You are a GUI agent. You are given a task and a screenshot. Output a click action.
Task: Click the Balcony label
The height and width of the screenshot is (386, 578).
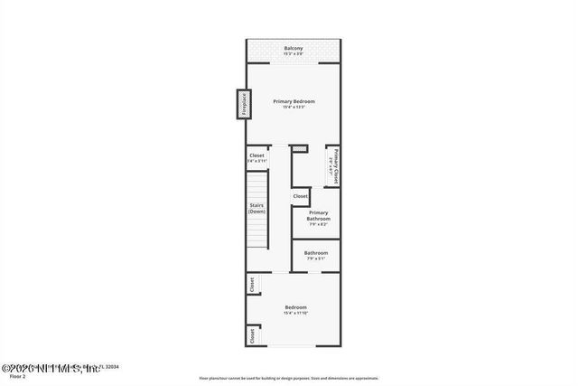click(x=294, y=48)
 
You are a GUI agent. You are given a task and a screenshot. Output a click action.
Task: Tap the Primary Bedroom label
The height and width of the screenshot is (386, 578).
click(x=294, y=101)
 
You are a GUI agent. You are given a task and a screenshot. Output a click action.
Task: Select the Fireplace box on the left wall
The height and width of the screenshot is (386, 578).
click(x=243, y=104)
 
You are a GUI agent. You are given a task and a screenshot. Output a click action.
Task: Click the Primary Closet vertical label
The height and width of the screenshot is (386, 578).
click(x=332, y=165)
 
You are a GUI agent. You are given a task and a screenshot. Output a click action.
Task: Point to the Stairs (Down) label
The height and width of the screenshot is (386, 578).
click(x=256, y=208)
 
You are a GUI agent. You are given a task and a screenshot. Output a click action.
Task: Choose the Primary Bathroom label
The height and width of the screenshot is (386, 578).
click(x=317, y=216)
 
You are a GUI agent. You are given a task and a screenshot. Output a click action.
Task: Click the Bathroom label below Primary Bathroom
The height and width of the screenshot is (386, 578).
click(x=315, y=252)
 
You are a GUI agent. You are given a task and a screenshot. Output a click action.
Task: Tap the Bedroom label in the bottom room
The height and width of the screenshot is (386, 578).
click(x=296, y=307)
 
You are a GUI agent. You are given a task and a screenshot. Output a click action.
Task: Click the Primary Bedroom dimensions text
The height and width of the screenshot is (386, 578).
click(x=294, y=108)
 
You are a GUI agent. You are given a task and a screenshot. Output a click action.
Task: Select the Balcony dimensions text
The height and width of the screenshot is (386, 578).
click(x=294, y=54)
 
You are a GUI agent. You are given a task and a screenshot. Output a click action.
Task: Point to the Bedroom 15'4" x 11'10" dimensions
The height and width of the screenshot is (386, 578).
click(x=296, y=314)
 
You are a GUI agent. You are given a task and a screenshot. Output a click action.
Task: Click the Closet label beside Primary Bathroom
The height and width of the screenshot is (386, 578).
click(x=300, y=196)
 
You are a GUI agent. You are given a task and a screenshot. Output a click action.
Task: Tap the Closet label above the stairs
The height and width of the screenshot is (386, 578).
click(x=256, y=155)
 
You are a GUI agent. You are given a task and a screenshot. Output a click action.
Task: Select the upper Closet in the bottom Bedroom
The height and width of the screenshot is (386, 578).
click(x=251, y=284)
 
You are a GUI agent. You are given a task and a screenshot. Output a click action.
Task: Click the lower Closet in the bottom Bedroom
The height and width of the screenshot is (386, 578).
click(x=251, y=335)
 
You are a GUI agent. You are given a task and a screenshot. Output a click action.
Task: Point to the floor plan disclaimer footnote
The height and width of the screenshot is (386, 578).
click(x=289, y=378)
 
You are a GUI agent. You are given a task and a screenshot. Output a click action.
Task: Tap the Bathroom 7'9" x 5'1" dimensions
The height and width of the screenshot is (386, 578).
click(x=315, y=259)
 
